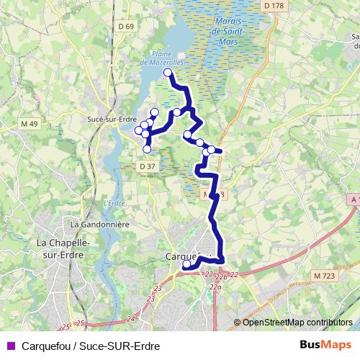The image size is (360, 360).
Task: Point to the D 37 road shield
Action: [x=146, y=166]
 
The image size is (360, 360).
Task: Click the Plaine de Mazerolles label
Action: [x=168, y=58]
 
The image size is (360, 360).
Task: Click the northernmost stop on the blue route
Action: [x=168, y=73]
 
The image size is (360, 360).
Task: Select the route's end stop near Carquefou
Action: [x=186, y=264]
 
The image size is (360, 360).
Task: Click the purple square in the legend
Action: [x=9, y=345]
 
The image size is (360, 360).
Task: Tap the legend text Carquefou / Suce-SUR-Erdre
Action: [x=91, y=345]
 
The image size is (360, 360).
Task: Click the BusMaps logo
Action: [x=326, y=344]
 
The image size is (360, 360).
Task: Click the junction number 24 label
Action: [x=130, y=318]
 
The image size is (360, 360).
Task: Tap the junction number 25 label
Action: [x=81, y=323]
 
